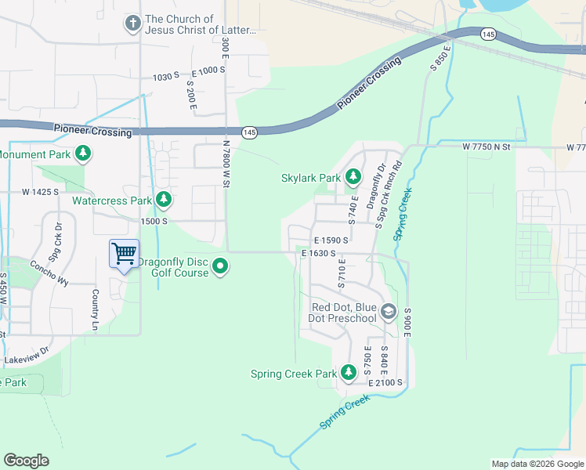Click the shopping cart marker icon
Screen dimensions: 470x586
pyautogui.click(x=124, y=253)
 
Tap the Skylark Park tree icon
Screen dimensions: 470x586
pyautogui.click(x=353, y=178)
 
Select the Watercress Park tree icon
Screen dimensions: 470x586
pyautogui.click(x=164, y=201)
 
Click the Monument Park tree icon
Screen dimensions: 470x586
pyautogui.click(x=82, y=154)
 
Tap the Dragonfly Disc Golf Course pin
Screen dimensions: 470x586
pyautogui.click(x=221, y=267)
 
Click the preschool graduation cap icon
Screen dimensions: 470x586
pyautogui.click(x=387, y=313)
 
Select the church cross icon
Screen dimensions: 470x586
pyautogui.click(x=132, y=24)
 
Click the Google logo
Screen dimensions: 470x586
pyautogui.click(x=26, y=461)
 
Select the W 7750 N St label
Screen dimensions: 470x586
pyautogui.click(x=486, y=146)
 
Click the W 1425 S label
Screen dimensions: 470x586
pyautogui.click(x=41, y=191)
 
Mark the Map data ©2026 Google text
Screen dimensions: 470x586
pyautogui.click(x=537, y=464)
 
